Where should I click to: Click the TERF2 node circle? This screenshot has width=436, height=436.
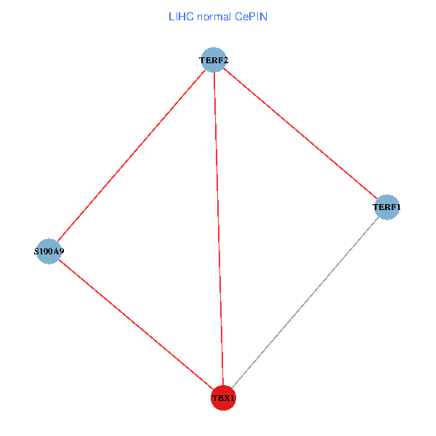tap(214, 60)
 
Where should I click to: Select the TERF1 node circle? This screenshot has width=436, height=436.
tap(387, 207)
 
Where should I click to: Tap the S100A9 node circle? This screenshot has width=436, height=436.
tap(49, 251)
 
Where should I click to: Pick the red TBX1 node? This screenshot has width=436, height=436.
tap(223, 398)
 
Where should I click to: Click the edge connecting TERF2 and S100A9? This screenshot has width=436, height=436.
tap(132, 156)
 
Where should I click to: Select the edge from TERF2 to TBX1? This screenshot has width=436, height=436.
tap(219, 229)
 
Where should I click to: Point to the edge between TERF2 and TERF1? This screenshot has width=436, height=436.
tap(300, 134)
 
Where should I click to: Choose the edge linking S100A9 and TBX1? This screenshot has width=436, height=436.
tap(137, 325)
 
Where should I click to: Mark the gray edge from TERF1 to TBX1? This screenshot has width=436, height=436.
tap(305, 302)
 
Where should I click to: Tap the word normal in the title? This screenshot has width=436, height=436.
tap(214, 17)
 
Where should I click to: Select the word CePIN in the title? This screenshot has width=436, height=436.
tap(251, 17)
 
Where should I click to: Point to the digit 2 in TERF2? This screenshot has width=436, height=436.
tap(225, 60)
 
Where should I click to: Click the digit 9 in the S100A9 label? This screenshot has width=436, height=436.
tap(61, 251)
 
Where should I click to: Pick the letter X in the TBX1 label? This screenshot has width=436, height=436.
tap(226, 398)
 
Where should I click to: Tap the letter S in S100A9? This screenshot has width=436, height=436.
tap(36, 251)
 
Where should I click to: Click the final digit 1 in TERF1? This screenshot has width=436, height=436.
tap(398, 207)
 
